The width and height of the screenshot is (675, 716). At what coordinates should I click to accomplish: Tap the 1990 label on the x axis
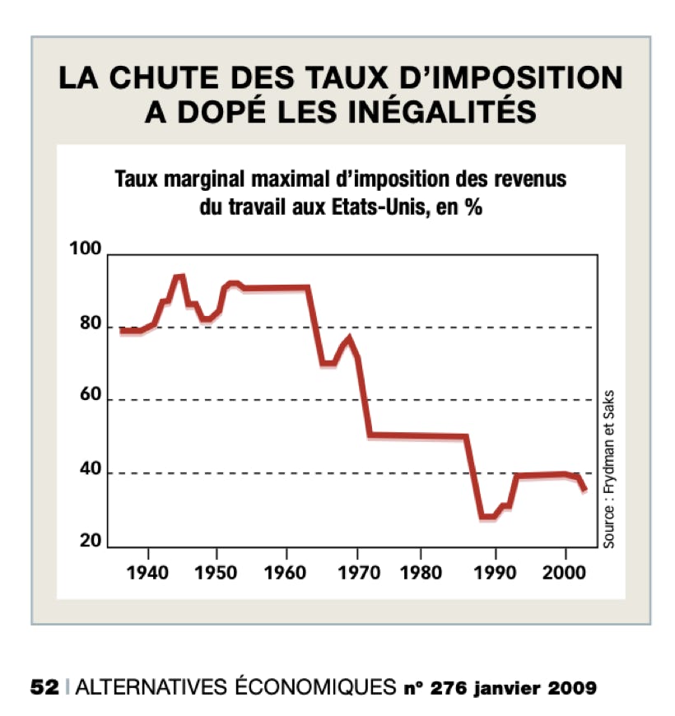click(x=496, y=570)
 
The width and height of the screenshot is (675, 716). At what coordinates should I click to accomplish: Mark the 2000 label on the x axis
click(x=565, y=570)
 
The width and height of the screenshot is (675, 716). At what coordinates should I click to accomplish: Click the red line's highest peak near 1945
click(x=179, y=277)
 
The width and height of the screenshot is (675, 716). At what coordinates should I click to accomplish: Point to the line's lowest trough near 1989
click(x=487, y=518)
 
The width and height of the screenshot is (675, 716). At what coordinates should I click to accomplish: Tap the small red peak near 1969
click(x=348, y=338)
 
